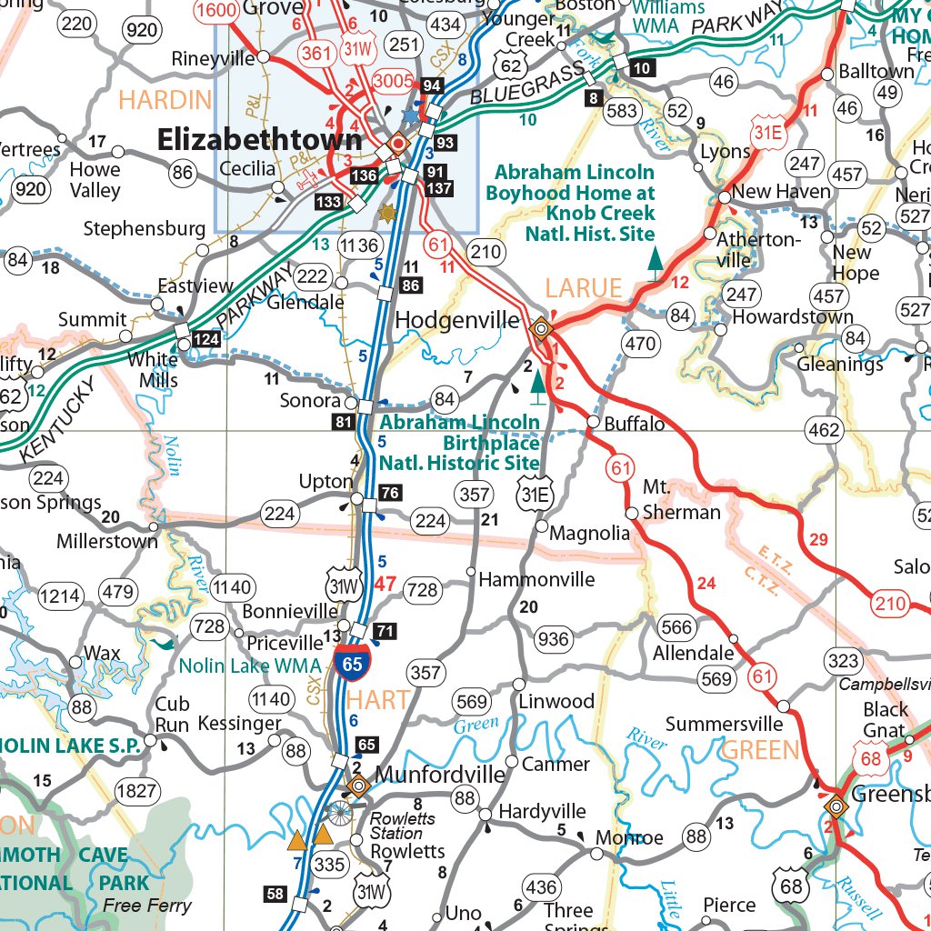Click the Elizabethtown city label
coord(260,139)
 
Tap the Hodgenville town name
coord(457,320)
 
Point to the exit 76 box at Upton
coord(390,494)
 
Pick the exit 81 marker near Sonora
coord(343,422)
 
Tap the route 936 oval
coord(554,639)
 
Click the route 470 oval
coord(640,344)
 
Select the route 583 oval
coord(623,112)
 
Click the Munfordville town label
coord(440,775)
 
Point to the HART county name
coord(377,699)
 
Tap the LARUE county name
coord(583,289)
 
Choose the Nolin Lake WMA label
coord(250,666)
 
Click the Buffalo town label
coord(635,424)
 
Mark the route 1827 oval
coord(136,791)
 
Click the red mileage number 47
coord(385,584)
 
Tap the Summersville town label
coord(724,724)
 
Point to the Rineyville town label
coord(214,59)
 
